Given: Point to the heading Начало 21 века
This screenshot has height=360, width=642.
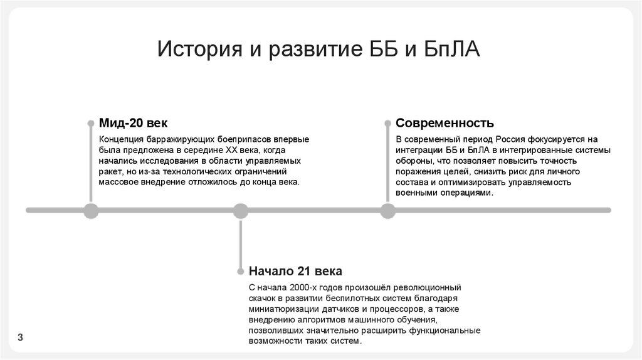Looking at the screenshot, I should [295, 272].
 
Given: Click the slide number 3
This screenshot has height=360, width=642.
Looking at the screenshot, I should [20, 337].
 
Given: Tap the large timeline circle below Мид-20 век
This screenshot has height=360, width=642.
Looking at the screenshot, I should [92, 211].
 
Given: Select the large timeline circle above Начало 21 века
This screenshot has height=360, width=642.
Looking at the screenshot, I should [241, 211].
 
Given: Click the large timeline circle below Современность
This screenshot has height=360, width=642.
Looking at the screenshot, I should [388, 211].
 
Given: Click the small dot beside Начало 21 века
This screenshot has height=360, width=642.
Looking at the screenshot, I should [241, 272].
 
